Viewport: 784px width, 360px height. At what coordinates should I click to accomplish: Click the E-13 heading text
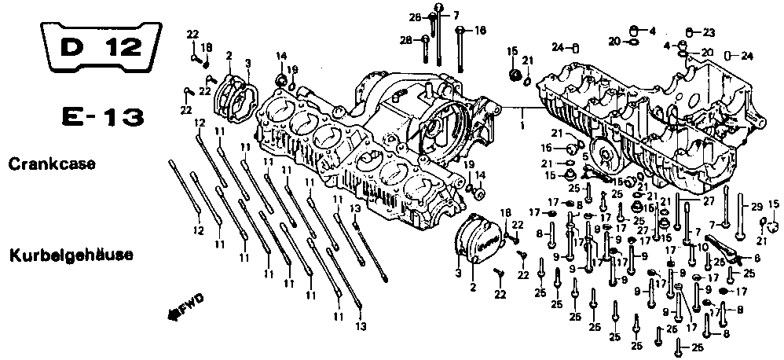pyautogui.click(x=102, y=119)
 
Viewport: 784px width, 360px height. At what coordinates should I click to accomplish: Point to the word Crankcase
pyautogui.click(x=52, y=164)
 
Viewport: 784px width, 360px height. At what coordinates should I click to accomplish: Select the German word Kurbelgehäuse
pyautogui.click(x=71, y=255)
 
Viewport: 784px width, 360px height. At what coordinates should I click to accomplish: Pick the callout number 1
pyautogui.click(x=522, y=123)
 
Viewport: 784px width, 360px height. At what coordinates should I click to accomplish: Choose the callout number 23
pyautogui.click(x=709, y=32)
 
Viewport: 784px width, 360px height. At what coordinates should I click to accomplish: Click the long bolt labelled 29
pyautogui.click(x=742, y=208)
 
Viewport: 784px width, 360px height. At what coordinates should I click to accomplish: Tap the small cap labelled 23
pyautogui.click(x=689, y=32)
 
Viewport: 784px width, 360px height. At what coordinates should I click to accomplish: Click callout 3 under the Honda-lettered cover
pyautogui.click(x=458, y=272)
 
